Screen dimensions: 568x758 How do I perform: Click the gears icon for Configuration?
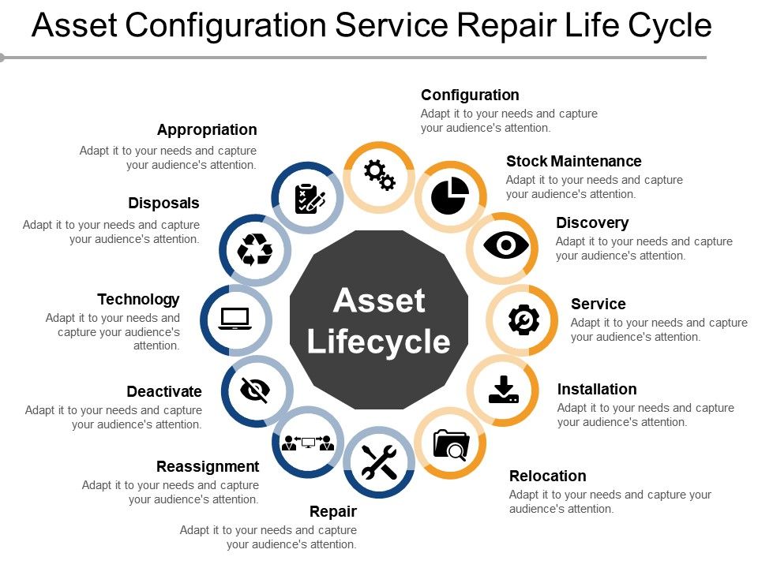point(379,174)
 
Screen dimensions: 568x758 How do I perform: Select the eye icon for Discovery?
point(505,246)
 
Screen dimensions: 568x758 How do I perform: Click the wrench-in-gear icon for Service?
point(523,319)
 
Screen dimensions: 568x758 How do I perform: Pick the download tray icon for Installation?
point(504,390)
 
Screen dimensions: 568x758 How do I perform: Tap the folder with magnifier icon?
point(451,444)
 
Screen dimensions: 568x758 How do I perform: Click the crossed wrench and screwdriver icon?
point(379,462)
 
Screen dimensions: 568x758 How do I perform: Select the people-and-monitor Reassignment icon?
point(308,442)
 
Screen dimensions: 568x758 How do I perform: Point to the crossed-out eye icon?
point(255,390)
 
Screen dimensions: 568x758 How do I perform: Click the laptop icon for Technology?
point(235,319)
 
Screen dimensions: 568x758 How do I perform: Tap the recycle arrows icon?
point(255,249)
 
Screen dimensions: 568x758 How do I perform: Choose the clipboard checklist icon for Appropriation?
point(309,198)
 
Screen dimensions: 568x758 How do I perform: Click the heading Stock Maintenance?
point(573,161)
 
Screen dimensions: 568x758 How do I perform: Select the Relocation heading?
point(547,476)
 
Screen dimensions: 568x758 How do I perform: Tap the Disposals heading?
point(163,203)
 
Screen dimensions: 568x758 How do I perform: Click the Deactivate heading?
point(164,391)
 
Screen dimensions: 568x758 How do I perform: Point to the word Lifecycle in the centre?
point(379,342)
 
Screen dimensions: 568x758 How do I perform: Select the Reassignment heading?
point(208,466)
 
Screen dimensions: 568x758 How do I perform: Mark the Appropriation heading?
point(207,129)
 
